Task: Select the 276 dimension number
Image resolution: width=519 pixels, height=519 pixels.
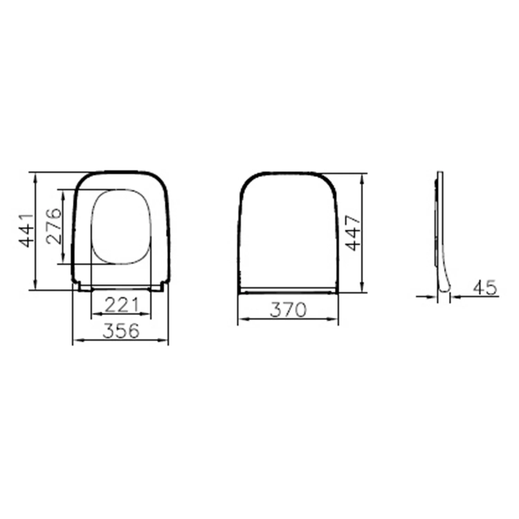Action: [x=54, y=226]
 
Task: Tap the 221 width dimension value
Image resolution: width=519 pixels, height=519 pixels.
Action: [x=121, y=305]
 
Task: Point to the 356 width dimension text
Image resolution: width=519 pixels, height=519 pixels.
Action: [x=121, y=331]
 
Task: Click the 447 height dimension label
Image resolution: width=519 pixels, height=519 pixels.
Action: [x=353, y=233]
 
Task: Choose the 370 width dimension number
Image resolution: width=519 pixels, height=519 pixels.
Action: [x=288, y=310]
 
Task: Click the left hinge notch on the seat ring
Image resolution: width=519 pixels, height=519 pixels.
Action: [x=80, y=286]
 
